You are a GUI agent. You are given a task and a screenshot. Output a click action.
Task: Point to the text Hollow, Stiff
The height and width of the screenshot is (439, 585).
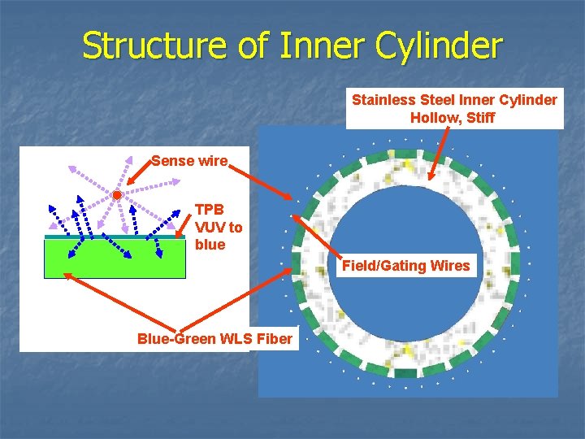click(453, 118)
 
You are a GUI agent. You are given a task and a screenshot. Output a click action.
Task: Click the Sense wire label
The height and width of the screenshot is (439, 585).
click(189, 160)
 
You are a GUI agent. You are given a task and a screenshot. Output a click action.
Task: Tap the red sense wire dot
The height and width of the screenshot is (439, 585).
click(118, 196)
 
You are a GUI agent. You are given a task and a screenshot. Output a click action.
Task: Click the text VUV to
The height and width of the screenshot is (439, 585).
click(219, 227)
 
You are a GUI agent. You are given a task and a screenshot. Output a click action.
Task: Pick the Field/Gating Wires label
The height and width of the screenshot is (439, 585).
click(405, 265)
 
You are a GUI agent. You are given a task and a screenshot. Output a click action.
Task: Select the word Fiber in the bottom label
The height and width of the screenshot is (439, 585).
click(273, 338)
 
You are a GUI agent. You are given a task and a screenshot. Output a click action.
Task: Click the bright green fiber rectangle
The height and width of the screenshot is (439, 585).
click(115, 259)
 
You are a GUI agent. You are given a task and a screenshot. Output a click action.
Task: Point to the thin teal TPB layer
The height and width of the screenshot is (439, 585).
click(115, 237)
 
